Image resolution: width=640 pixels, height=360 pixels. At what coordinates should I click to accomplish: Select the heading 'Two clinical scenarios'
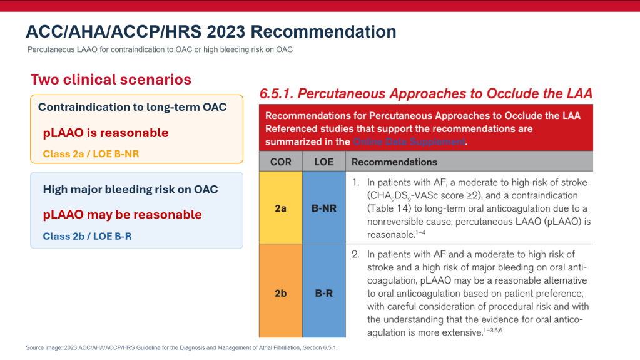point(111,80)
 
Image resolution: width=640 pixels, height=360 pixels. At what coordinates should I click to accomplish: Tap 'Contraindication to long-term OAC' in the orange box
point(132,107)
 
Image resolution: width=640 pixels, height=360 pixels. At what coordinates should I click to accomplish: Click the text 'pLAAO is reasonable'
point(106,133)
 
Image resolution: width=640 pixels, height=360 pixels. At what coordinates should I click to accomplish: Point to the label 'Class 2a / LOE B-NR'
point(91,154)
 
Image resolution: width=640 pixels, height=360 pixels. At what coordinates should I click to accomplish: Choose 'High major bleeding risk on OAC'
point(130,190)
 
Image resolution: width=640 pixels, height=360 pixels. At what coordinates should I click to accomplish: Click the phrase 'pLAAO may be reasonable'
point(123,215)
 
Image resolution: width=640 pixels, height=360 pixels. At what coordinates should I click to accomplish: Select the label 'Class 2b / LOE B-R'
point(88,236)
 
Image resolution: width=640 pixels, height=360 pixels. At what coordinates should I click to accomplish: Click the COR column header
point(281,162)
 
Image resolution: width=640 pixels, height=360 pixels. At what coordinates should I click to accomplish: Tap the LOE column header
point(324,162)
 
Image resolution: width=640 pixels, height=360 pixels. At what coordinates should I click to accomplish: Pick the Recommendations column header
point(394,162)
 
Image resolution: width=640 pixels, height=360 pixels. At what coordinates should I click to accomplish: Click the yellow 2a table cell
point(281,208)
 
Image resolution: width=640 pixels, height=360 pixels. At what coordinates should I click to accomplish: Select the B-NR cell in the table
point(324,208)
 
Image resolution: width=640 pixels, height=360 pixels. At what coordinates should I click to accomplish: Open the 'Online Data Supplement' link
point(409,141)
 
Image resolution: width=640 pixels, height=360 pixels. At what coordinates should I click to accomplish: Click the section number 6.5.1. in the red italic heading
point(277,93)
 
